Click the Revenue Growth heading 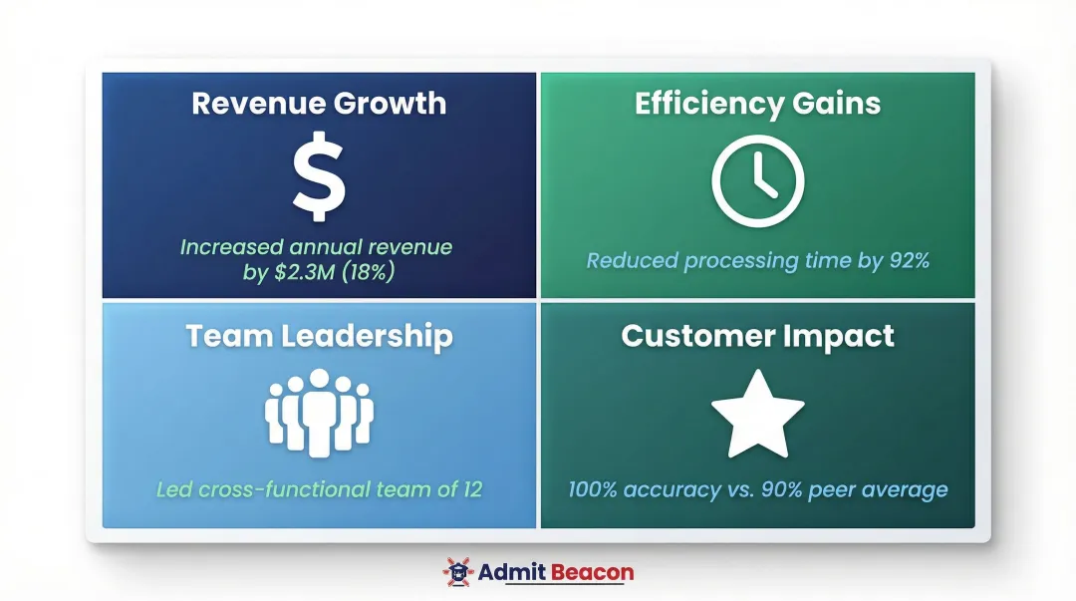click(x=319, y=104)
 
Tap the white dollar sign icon click(x=319, y=179)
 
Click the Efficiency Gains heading click(x=757, y=104)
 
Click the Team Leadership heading click(x=319, y=336)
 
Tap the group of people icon click(x=319, y=413)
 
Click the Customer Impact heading click(x=757, y=336)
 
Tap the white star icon click(x=757, y=414)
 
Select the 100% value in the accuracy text click(x=595, y=489)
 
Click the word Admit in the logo click(x=509, y=572)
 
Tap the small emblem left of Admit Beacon click(x=457, y=572)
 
